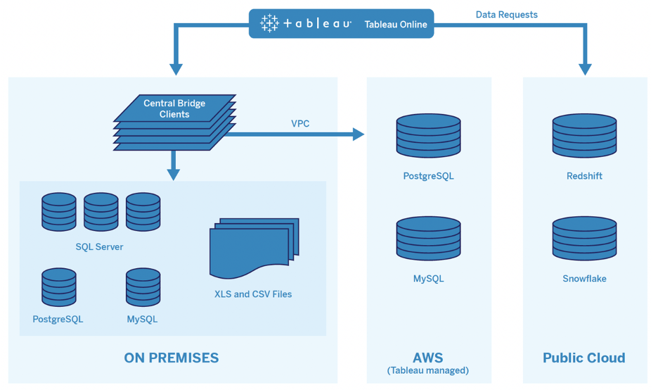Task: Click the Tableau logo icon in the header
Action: [270, 24]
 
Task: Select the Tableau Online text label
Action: [395, 25]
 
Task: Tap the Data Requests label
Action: [506, 14]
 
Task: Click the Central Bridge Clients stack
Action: [174, 121]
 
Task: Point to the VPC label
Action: [300, 123]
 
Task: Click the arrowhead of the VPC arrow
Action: [359, 134]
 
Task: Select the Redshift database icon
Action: [584, 136]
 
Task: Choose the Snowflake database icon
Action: [584, 239]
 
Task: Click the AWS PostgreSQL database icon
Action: [428, 136]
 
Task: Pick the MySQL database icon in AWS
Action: [428, 239]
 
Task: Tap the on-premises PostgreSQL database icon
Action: [58, 287]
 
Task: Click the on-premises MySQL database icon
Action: [143, 287]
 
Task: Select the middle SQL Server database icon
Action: [101, 211]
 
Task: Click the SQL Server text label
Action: [99, 247]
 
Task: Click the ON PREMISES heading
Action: [171, 358]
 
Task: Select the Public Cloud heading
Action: [583, 358]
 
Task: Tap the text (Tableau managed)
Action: [427, 370]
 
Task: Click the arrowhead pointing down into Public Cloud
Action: [585, 70]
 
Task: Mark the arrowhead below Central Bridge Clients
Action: [174, 175]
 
